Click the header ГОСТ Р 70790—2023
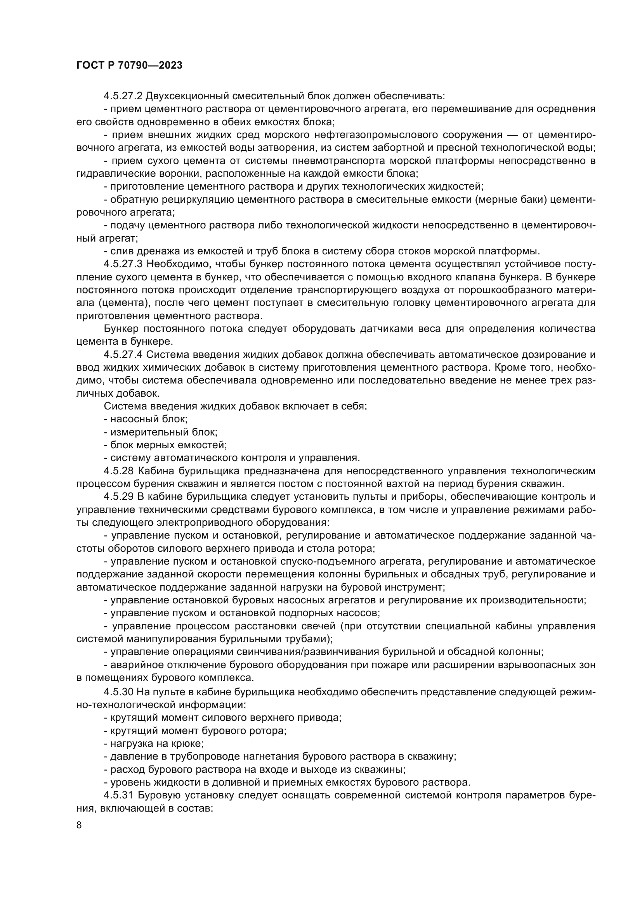click(x=129, y=66)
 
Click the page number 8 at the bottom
click(x=79, y=825)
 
